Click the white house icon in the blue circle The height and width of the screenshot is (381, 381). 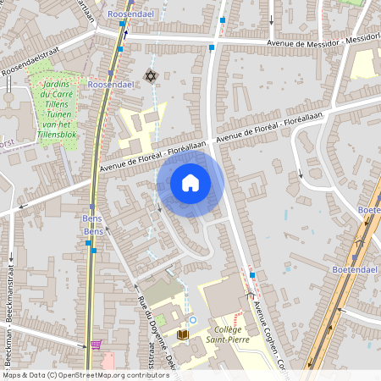click(x=190, y=182)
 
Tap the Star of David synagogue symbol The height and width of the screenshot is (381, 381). click(x=152, y=77)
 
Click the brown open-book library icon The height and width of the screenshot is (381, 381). click(x=182, y=335)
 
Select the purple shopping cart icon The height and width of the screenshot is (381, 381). click(x=96, y=345)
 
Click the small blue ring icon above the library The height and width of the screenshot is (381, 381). click(x=193, y=320)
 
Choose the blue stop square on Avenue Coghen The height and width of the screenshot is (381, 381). click(x=251, y=276)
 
